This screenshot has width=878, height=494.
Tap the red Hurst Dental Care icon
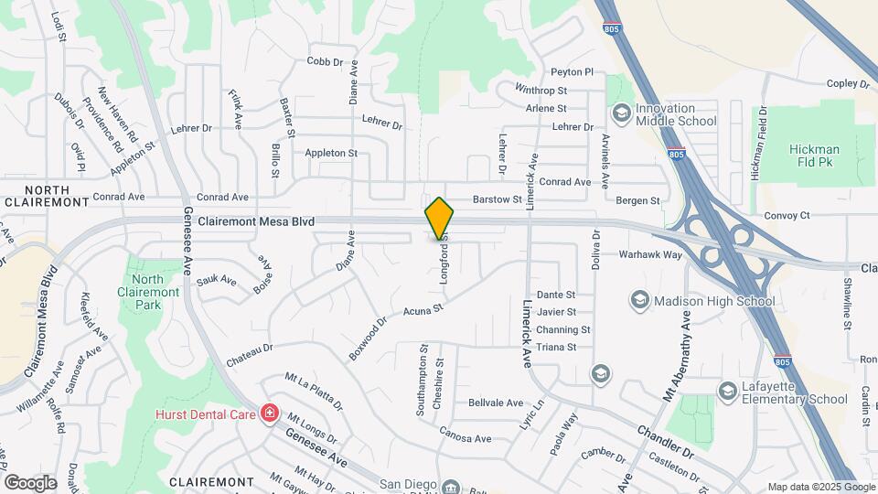tap(269, 414)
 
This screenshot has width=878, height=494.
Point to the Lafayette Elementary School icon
tap(727, 392)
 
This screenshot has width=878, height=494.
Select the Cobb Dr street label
tap(324, 61)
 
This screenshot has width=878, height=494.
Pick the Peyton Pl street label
tap(572, 72)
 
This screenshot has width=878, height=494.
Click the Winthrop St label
tap(541, 91)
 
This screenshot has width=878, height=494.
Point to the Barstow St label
tap(497, 199)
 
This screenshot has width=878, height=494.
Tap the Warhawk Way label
tap(650, 255)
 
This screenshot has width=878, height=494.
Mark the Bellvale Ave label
tap(495, 403)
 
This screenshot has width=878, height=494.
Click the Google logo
tap(31, 481)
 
